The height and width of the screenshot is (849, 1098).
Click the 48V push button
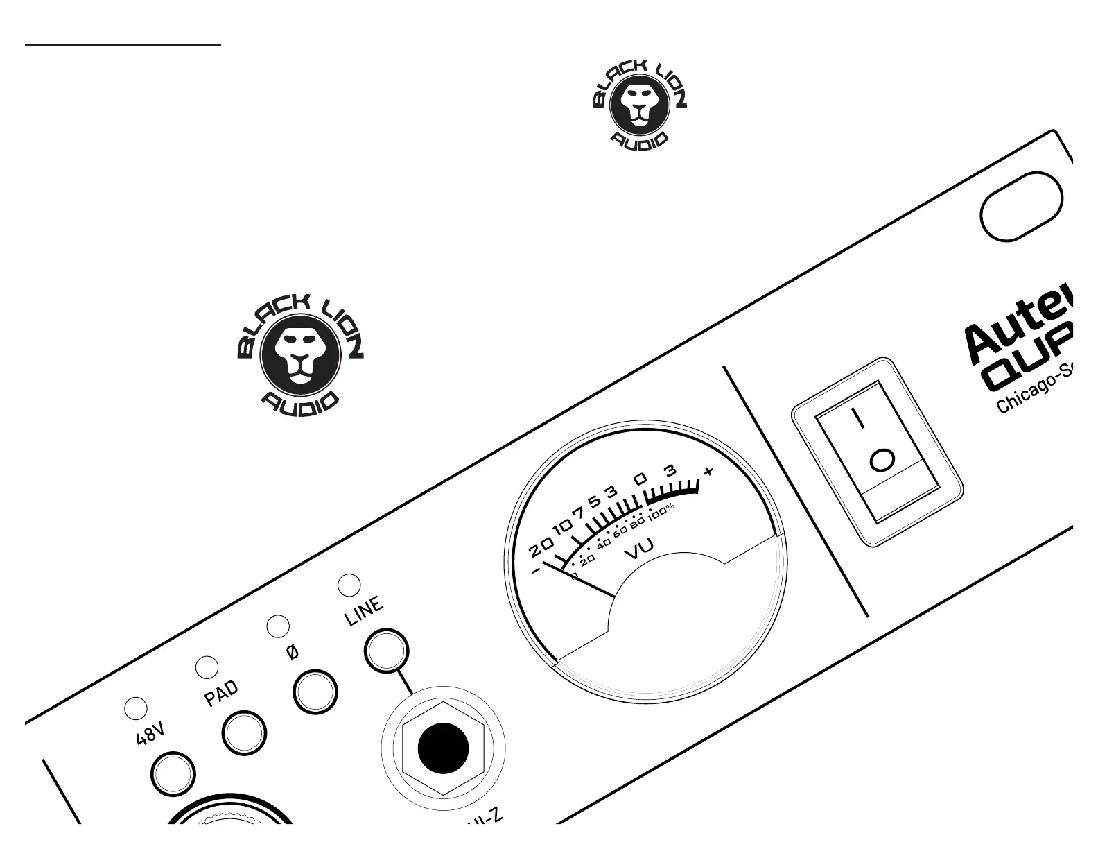(x=173, y=774)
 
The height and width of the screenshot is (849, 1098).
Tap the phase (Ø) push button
(x=315, y=692)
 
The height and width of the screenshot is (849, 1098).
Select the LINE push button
(x=386, y=651)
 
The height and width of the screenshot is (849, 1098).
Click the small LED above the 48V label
(x=136, y=708)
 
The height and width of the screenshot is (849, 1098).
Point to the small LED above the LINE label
(x=349, y=585)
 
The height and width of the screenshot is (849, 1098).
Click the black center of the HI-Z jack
(x=444, y=748)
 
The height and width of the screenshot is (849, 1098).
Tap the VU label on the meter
(x=639, y=549)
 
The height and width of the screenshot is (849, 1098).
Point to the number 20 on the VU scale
(x=541, y=548)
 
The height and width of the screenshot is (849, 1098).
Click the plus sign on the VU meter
(x=708, y=472)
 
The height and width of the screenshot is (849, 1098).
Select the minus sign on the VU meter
(x=536, y=572)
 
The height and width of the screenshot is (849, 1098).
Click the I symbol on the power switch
(x=859, y=418)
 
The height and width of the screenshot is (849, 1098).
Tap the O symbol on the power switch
(x=882, y=460)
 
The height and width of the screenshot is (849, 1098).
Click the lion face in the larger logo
(x=300, y=355)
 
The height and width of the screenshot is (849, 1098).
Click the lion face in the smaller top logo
(x=639, y=103)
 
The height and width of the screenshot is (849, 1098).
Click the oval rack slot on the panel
(x=1020, y=206)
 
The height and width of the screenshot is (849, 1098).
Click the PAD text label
(x=222, y=694)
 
